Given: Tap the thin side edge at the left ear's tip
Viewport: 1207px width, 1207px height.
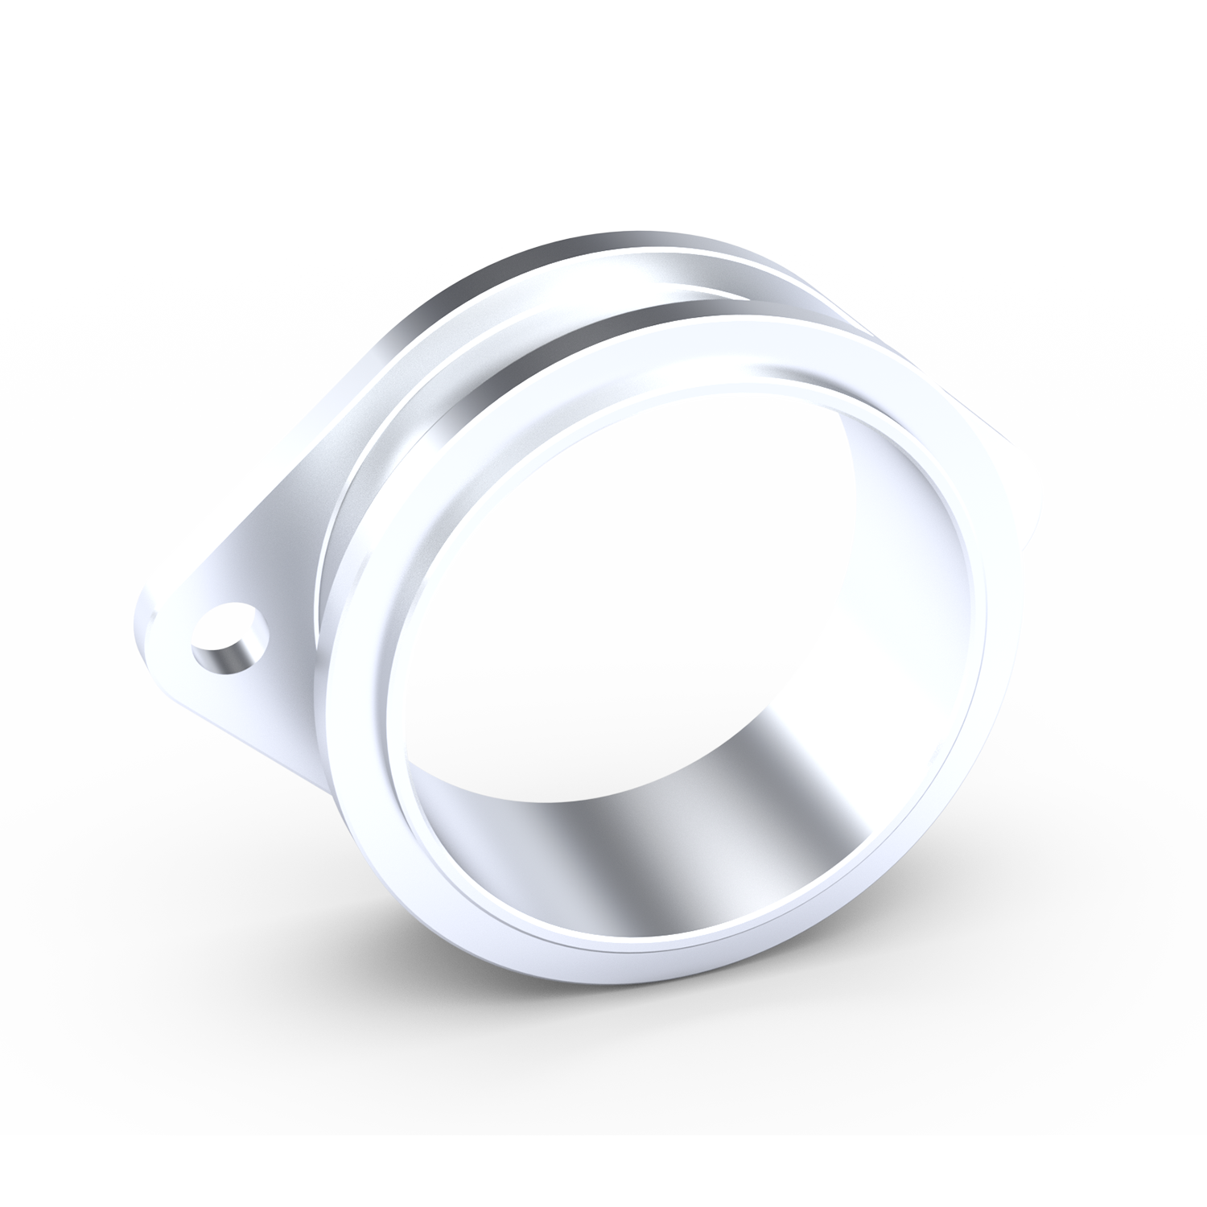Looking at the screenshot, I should coord(143,636).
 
